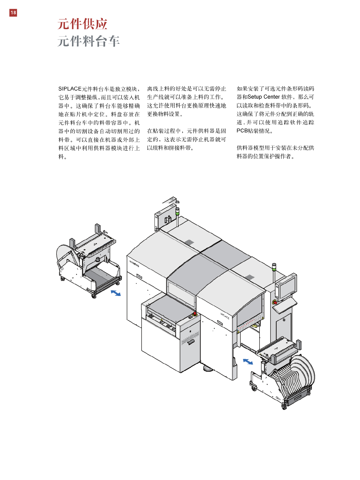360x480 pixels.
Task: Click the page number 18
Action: [x=13, y=13]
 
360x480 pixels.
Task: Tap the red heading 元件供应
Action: [x=82, y=24]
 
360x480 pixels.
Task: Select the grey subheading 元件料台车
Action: [x=89, y=41]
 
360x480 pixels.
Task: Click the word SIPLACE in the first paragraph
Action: [x=70, y=89]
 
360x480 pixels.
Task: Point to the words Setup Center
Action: [x=263, y=97]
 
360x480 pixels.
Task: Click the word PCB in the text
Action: [x=242, y=131]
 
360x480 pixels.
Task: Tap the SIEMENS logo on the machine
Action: [x=134, y=264]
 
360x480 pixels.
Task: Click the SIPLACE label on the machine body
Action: [x=225, y=316]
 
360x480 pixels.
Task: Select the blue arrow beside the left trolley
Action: [x=116, y=293]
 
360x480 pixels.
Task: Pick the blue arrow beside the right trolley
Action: [x=248, y=362]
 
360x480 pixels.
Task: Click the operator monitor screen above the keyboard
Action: [x=287, y=287]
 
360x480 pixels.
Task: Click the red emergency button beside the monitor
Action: [x=275, y=302]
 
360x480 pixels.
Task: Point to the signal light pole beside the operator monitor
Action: [x=274, y=272]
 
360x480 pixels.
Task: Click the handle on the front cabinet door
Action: [x=191, y=342]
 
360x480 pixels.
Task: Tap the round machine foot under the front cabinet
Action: [x=208, y=368]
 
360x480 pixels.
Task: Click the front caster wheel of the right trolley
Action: [x=284, y=407]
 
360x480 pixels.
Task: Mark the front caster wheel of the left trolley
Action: [x=94, y=296]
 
